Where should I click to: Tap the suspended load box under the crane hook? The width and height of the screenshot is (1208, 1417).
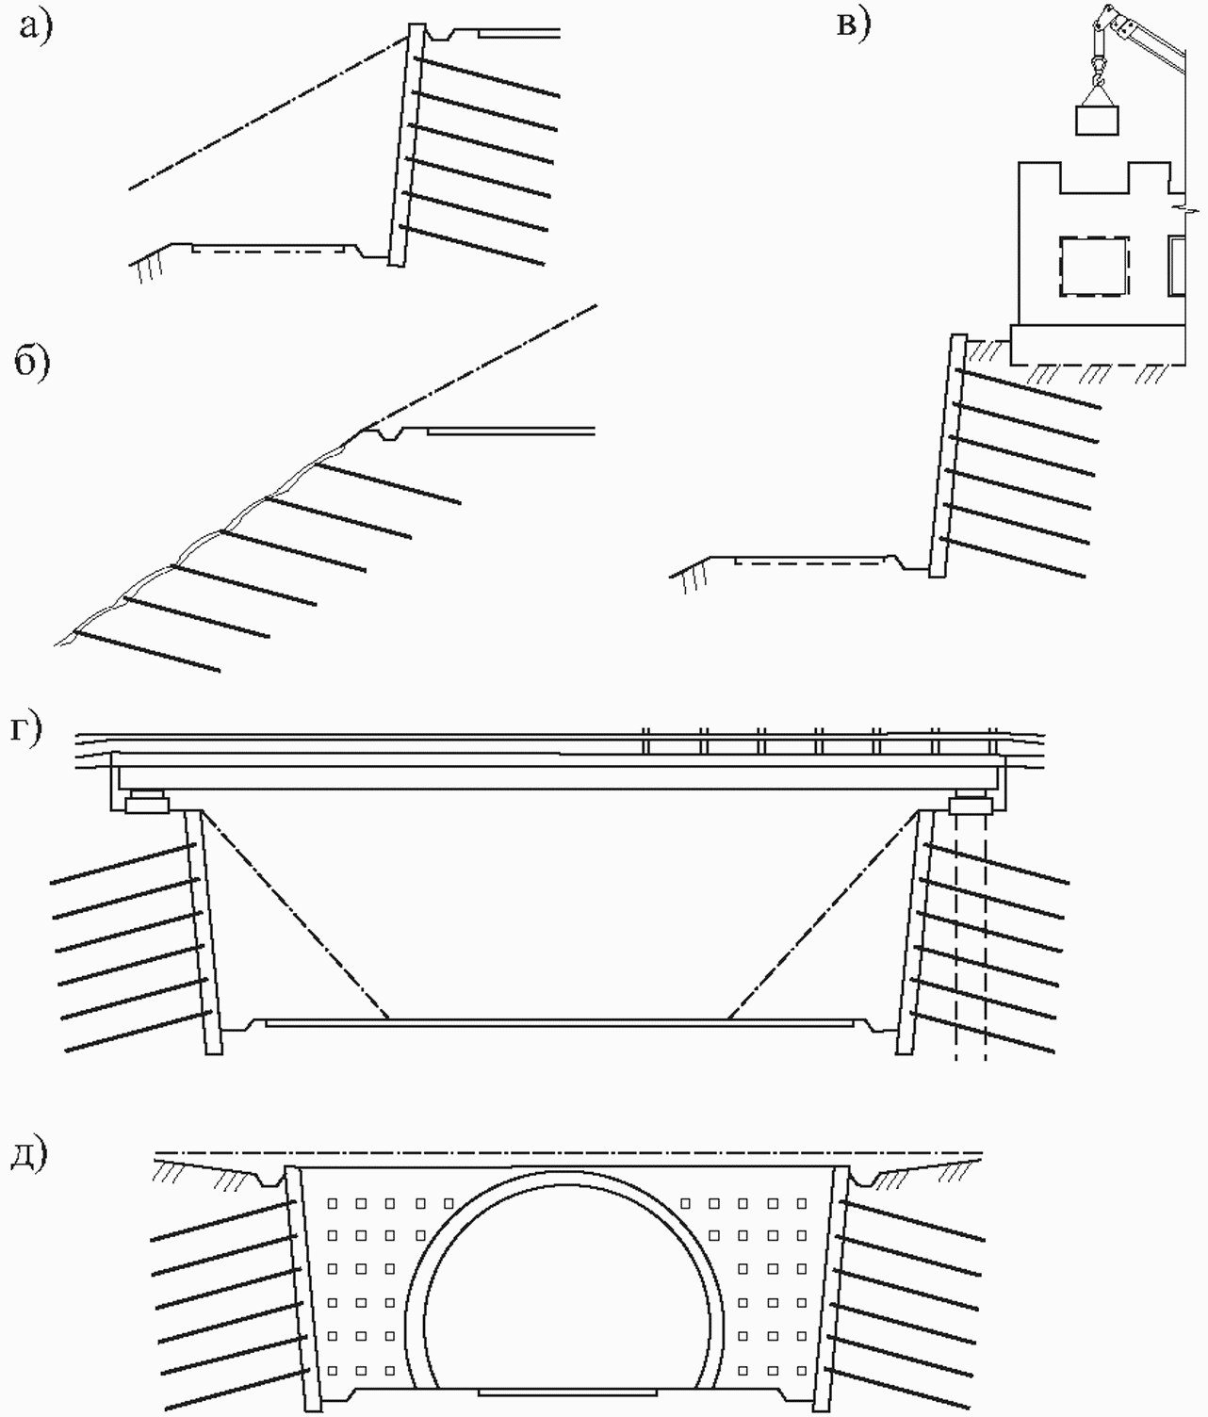[x=1098, y=120]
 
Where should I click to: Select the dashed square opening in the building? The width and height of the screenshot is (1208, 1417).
[x=1093, y=267]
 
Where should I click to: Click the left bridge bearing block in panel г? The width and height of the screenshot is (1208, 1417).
[x=146, y=802]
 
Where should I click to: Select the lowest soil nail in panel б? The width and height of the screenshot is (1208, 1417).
[x=147, y=651]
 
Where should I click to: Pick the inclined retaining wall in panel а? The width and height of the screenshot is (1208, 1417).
[x=406, y=145]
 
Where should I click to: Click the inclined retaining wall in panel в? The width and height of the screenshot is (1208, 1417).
[x=948, y=456]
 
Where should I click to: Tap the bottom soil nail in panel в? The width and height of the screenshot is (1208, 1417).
[x=1013, y=558]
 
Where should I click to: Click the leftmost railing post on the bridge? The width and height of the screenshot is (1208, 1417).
[x=645, y=741]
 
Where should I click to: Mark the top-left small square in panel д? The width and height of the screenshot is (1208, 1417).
[x=334, y=1202]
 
